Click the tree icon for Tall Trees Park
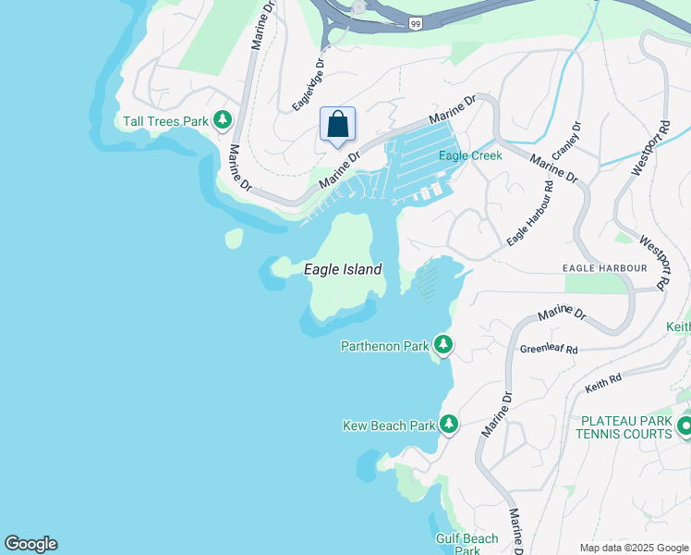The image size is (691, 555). tap(222, 120)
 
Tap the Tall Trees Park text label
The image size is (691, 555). tap(165, 121)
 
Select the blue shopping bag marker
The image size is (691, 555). tap(337, 124)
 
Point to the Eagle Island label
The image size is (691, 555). tap(343, 269)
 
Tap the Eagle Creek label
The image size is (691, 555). tap(470, 155)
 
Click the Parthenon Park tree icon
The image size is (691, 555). tap(443, 345)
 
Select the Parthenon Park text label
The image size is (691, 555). tap(385, 346)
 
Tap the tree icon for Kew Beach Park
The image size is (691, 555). tap(449, 425)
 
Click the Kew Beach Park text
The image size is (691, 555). tap(389, 425)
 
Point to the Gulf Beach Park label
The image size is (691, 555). tap(467, 544)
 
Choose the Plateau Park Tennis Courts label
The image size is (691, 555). tap(625, 426)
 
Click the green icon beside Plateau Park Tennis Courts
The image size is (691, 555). tap(685, 426)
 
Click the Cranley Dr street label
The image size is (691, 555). tap(564, 140)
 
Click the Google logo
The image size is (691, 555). tap(30, 544)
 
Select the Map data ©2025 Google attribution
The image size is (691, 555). tap(633, 548)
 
